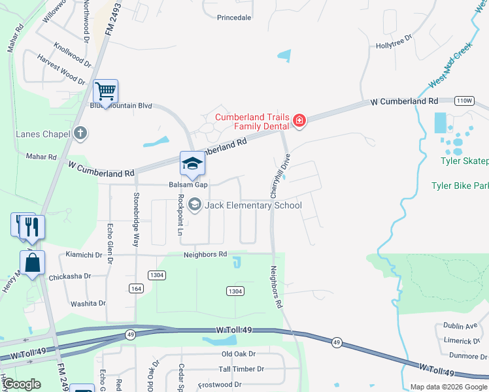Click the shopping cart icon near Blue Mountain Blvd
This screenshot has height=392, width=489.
click(105, 90)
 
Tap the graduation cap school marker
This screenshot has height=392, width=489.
click(193, 163)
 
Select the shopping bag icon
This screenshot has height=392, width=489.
click(33, 263)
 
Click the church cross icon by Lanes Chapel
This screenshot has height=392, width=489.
click(80, 134)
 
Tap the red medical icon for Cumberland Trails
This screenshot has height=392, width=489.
click(299, 120)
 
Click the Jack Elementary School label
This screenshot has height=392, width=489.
click(254, 205)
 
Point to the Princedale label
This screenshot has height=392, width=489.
click(234, 18)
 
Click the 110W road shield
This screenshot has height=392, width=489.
click(464, 101)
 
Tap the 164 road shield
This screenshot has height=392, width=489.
click(136, 288)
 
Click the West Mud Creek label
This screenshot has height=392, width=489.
click(450, 67)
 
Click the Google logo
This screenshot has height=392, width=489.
click(22, 384)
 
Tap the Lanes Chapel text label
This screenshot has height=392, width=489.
click(42, 135)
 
